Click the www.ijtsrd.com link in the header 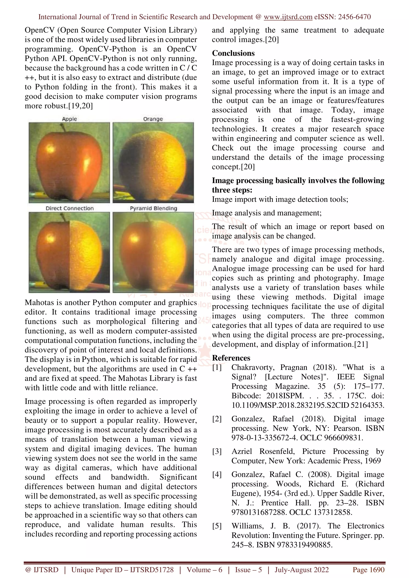click(x=288, y=17)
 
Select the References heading click(x=231, y=358)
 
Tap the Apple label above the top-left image click(x=69, y=119)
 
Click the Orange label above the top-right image click(x=153, y=119)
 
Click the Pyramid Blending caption click(x=153, y=208)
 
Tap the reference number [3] click(x=217, y=451)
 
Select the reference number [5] click(x=217, y=526)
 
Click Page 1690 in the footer click(x=368, y=570)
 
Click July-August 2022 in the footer click(x=301, y=570)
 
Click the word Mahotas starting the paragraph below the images click(x=39, y=302)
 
